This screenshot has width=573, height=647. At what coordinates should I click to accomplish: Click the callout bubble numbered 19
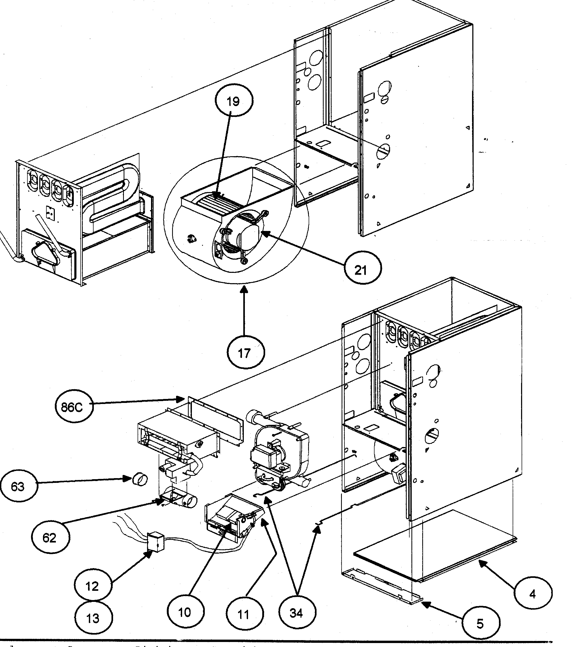click(234, 101)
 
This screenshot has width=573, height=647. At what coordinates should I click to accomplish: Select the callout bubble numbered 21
click(362, 270)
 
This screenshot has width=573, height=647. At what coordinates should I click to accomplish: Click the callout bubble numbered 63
click(18, 487)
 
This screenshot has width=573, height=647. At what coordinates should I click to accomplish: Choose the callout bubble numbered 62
click(49, 537)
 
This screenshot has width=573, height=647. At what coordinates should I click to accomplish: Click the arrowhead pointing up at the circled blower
click(244, 289)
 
